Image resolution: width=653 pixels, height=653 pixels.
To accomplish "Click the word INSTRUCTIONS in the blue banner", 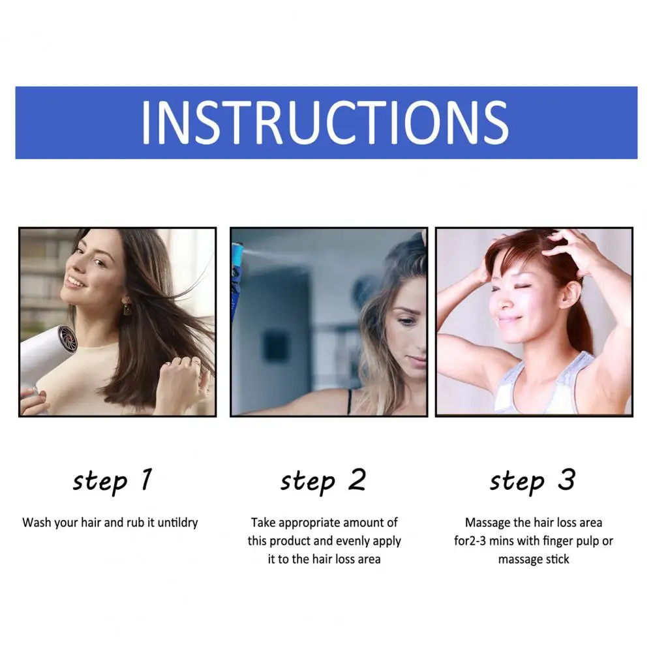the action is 326,123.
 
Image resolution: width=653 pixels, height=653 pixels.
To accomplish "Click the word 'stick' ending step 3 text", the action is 558,559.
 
